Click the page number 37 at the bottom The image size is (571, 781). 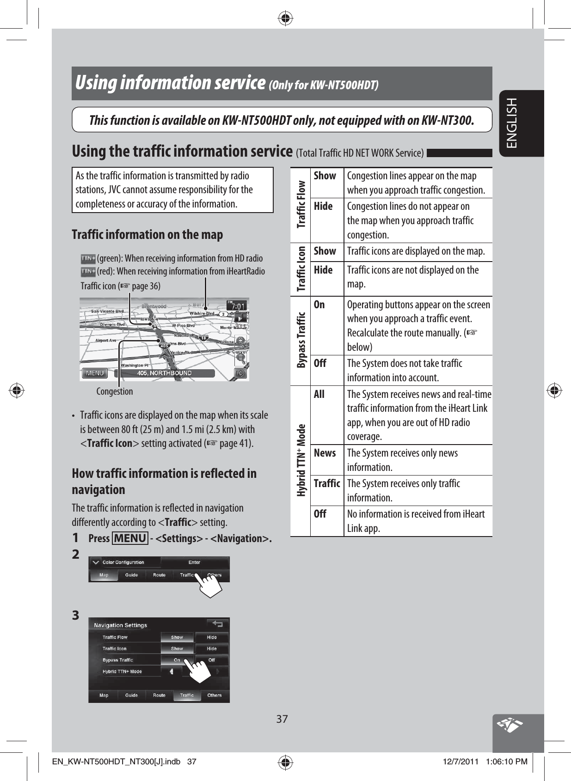[282, 719]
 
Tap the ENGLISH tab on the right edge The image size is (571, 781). [513, 123]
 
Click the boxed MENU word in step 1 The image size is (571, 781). [130, 538]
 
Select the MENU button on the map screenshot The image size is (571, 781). [95, 373]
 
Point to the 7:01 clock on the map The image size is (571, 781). [238, 305]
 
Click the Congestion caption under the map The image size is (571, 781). [114, 391]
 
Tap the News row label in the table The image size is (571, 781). [325, 453]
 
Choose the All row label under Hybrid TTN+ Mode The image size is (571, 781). [319, 394]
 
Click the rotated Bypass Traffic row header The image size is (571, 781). [301, 340]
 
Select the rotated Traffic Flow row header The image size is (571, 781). [301, 205]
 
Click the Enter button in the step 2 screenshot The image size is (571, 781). [194, 562]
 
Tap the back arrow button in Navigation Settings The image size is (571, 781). [217, 624]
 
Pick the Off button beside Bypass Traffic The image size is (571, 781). [211, 660]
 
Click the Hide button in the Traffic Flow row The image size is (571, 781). [211, 637]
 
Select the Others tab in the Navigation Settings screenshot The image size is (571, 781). [215, 695]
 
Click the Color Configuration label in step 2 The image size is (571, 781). [123, 562]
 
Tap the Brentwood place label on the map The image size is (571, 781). [153, 306]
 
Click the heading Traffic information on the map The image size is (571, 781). [147, 235]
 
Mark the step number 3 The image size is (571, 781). [76, 616]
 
